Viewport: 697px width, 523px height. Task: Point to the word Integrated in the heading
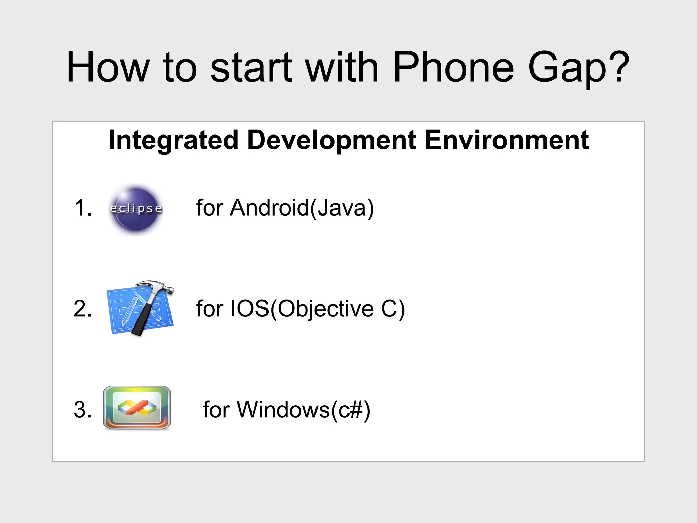(173, 140)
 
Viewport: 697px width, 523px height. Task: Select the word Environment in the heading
(507, 140)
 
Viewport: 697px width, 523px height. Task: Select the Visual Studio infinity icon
(137, 408)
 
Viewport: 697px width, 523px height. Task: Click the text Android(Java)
(302, 208)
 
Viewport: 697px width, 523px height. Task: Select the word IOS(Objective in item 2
(302, 309)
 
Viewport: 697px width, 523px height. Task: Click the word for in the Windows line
(216, 410)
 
